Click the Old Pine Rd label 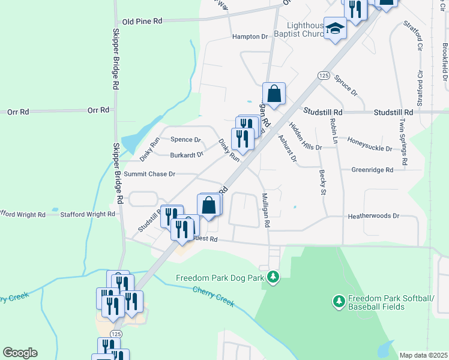tap(142, 21)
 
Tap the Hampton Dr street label tap(250, 37)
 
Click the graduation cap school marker tap(336, 28)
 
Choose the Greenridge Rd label tap(372, 170)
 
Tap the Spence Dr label tap(185, 140)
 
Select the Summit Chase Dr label tap(149, 174)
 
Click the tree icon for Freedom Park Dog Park tap(273, 277)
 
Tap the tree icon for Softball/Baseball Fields tap(339, 299)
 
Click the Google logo tap(20, 353)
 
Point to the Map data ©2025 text tap(423, 355)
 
